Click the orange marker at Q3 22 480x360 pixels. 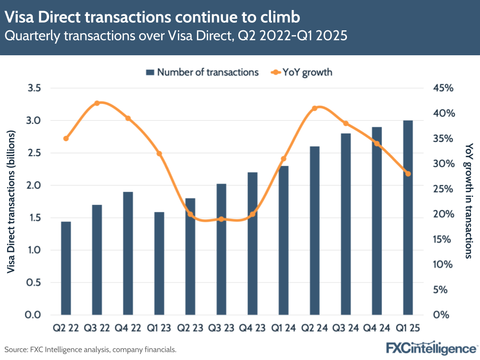[x=97, y=103]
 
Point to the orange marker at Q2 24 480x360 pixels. [x=315, y=108]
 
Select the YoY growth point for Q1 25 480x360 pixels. [x=408, y=174]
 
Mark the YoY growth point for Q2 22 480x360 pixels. [x=66, y=138]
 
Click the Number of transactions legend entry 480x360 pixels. [x=202, y=73]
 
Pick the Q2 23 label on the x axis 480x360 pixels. [x=190, y=329]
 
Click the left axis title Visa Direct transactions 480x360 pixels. [x=12, y=202]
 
